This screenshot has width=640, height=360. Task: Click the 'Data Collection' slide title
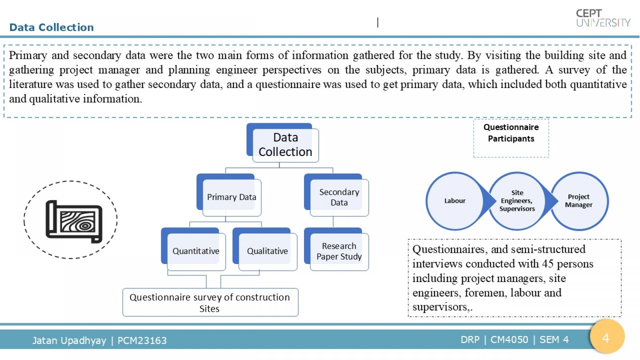point(52,28)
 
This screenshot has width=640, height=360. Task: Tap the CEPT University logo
point(603,18)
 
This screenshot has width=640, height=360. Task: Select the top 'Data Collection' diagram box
point(282,143)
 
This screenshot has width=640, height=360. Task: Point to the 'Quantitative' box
point(194,249)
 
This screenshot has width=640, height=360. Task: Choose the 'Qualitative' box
point(265,249)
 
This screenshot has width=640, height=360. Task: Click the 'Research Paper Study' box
point(336,249)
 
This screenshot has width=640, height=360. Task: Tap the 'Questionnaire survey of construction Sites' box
point(210,302)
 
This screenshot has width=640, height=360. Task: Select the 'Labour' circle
point(455,201)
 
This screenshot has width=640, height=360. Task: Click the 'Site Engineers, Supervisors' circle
point(517,201)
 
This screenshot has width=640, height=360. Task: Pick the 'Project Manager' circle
point(579,201)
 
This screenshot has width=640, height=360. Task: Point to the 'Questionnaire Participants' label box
point(511,138)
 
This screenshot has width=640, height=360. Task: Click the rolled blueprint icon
point(74,222)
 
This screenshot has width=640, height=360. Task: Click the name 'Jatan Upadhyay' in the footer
point(69,340)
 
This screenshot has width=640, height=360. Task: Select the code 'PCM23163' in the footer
point(142,340)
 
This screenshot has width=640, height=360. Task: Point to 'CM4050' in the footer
point(509,340)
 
